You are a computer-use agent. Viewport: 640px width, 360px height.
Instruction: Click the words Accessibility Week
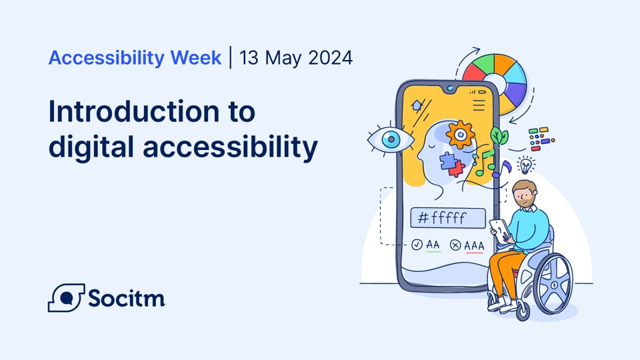pyautogui.click(x=135, y=58)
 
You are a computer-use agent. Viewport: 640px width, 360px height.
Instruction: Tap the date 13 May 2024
pyautogui.click(x=296, y=58)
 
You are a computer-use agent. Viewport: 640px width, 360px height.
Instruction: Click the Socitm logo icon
pyautogui.click(x=65, y=297)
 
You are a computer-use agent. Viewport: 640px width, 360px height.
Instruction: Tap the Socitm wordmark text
pyautogui.click(x=127, y=298)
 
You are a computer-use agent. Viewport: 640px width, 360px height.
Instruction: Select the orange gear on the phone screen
pyautogui.click(x=459, y=135)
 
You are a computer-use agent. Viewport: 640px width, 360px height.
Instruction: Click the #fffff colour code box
pyautogui.click(x=448, y=218)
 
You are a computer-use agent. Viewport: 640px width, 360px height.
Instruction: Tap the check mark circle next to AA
pyautogui.click(x=417, y=245)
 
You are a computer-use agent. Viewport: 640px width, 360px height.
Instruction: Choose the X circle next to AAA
pyautogui.click(x=456, y=245)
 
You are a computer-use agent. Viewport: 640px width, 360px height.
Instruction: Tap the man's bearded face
pyautogui.click(x=525, y=195)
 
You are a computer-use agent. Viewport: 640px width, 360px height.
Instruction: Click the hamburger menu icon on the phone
pyautogui.click(x=479, y=105)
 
